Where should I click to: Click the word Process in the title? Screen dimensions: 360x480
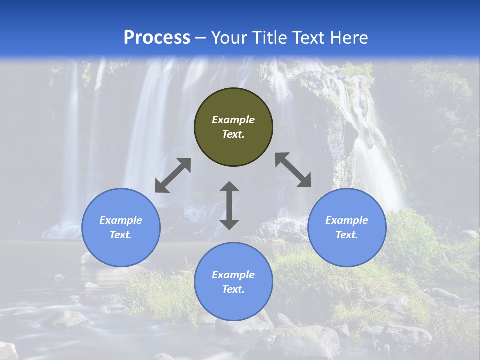tap(157, 38)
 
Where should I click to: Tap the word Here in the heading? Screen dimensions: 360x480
tap(348, 38)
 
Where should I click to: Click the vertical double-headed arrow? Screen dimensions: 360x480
tap(229, 205)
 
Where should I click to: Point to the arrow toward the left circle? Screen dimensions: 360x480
tap(173, 175)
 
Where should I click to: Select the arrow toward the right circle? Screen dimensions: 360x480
tap(293, 170)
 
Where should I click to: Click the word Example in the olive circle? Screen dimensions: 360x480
tap(233, 120)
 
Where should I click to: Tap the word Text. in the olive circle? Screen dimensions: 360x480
tap(233, 134)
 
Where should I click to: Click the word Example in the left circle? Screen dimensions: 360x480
tap(121, 220)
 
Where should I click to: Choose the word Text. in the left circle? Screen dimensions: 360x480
tap(121, 235)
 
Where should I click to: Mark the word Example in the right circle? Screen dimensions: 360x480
tap(347, 220)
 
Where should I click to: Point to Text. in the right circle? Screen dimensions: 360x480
tap(347, 235)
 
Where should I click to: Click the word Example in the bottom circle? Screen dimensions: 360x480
tap(233, 275)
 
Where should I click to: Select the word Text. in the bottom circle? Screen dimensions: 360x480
tap(233, 289)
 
